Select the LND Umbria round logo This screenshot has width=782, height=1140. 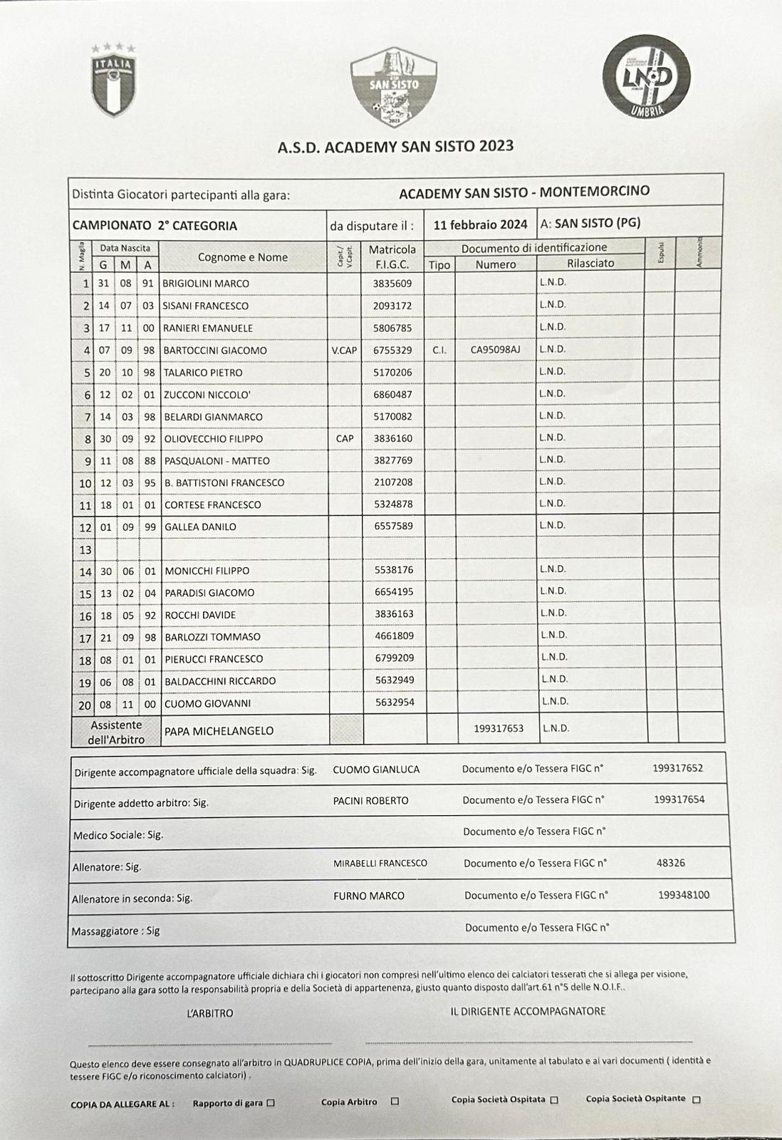click(646, 76)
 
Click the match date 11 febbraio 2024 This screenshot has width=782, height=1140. click(480, 224)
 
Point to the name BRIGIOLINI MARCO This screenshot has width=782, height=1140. click(206, 284)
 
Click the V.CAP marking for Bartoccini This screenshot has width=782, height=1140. click(345, 350)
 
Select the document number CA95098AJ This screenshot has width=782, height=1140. click(495, 349)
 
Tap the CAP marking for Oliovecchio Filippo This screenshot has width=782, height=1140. click(345, 438)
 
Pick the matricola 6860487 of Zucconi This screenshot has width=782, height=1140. click(393, 394)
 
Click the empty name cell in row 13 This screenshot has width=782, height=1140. click(244, 549)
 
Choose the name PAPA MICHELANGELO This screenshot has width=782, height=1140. click(219, 730)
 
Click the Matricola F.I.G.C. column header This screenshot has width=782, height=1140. click(392, 256)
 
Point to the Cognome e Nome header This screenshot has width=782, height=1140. click(242, 257)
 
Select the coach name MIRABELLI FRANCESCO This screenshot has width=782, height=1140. click(380, 863)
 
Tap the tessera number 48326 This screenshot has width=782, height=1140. click(670, 863)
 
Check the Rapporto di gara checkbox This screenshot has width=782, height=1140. click(270, 1103)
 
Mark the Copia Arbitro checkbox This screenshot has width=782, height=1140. click(395, 1102)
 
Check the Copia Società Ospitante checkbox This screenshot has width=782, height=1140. click(697, 1099)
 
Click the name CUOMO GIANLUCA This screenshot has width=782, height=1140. click(376, 769)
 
